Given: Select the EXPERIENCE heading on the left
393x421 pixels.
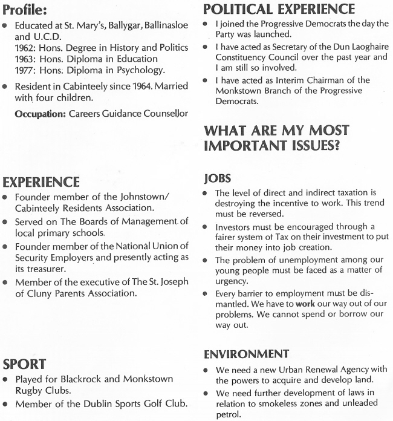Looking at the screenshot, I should tap(41, 181).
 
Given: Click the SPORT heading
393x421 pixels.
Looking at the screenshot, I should tap(24, 365).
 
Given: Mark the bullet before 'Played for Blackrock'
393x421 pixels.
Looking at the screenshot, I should tap(6, 379).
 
